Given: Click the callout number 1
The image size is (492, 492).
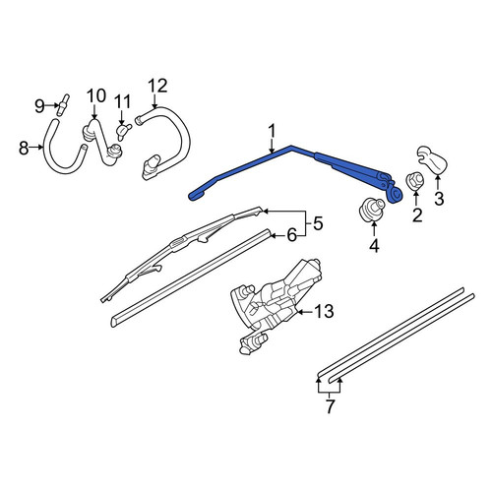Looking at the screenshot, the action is [272, 132].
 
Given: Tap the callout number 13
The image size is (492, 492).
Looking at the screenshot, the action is [324, 311].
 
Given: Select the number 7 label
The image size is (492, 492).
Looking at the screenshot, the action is [330, 406].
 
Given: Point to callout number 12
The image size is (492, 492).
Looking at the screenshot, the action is [157, 86].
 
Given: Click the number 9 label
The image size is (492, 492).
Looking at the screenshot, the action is [39, 106].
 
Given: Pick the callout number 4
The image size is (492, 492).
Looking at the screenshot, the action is [374, 246].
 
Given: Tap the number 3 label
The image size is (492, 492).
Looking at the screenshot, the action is [439, 199].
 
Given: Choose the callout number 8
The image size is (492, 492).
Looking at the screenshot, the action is [24, 148].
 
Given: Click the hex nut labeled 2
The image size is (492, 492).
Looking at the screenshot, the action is [415, 181].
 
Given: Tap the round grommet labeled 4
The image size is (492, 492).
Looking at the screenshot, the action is [372, 210].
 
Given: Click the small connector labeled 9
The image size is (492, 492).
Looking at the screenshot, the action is [63, 104].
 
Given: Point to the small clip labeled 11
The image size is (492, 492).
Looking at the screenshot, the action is [123, 132].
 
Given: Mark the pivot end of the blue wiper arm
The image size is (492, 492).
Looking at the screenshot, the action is [397, 194].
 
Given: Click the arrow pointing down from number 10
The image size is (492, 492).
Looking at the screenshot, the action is [94, 112].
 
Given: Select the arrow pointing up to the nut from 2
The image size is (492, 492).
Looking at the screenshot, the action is [416, 199].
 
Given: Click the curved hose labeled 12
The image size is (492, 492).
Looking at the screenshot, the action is [164, 141].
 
